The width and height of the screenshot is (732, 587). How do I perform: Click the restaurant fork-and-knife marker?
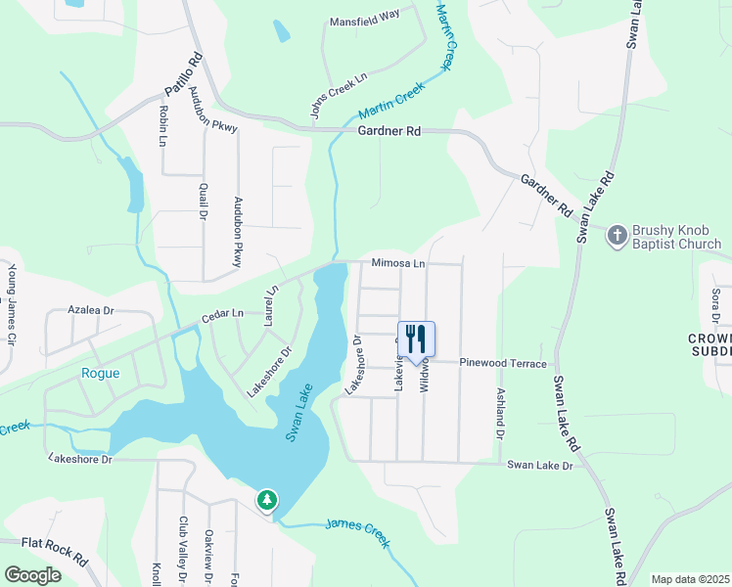(x=416, y=340)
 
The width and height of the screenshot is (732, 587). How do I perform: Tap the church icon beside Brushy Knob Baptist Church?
(x=617, y=235)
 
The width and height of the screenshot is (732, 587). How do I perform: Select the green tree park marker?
(x=266, y=501)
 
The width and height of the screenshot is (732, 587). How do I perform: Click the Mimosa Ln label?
(x=398, y=263)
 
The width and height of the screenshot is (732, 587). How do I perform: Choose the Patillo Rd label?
(x=183, y=74)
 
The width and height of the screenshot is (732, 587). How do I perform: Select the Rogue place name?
(x=100, y=374)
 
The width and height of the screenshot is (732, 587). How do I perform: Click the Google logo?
(x=33, y=574)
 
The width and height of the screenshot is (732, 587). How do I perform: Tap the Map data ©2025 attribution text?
(x=689, y=579)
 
